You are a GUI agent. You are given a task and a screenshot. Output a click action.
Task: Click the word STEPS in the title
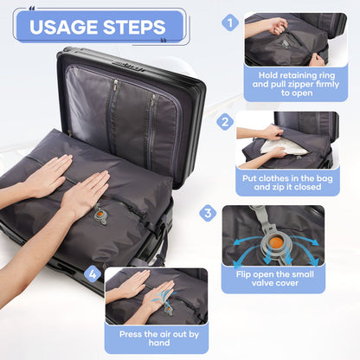133,26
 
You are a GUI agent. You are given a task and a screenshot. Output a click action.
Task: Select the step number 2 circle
225,123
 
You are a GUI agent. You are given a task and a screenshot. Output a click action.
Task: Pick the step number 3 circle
208,213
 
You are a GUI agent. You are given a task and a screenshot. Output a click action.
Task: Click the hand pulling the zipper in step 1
277,26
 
